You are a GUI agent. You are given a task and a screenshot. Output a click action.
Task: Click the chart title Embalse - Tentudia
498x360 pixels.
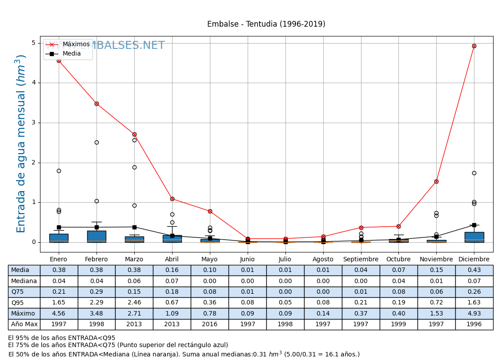click(x=266, y=24)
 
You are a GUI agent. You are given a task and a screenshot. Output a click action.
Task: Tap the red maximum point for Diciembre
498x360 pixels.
click(x=474, y=46)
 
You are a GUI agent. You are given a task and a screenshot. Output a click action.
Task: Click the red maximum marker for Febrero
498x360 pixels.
click(x=96, y=104)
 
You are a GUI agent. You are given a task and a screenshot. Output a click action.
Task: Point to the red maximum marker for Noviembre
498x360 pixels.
click(x=436, y=181)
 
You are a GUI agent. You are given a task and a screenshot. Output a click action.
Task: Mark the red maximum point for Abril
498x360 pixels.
click(x=172, y=199)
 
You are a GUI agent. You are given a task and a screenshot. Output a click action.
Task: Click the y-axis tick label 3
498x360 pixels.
click(x=33, y=123)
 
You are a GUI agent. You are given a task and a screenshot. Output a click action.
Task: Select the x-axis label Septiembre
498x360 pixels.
click(x=361, y=260)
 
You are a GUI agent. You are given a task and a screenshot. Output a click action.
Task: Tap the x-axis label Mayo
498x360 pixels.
click(x=210, y=260)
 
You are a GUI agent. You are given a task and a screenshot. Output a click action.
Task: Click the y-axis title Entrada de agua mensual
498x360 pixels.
click(x=21, y=144)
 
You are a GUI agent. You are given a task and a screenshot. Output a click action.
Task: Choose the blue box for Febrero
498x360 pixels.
click(x=96, y=236)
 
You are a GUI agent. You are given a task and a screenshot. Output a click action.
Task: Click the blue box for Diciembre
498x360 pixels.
click(x=474, y=237)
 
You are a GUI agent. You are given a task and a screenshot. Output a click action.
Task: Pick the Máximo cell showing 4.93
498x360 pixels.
click(x=474, y=314)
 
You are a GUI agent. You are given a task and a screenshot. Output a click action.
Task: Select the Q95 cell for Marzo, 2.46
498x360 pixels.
click(x=134, y=303)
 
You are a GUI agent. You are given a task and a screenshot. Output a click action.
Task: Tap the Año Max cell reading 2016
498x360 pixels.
click(x=210, y=324)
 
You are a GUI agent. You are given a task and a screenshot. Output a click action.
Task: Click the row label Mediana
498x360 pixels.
click(x=24, y=281)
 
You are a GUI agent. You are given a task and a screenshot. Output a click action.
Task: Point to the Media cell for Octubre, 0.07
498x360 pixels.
click(x=398, y=270)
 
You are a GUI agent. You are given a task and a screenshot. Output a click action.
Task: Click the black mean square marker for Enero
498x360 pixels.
click(x=59, y=227)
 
